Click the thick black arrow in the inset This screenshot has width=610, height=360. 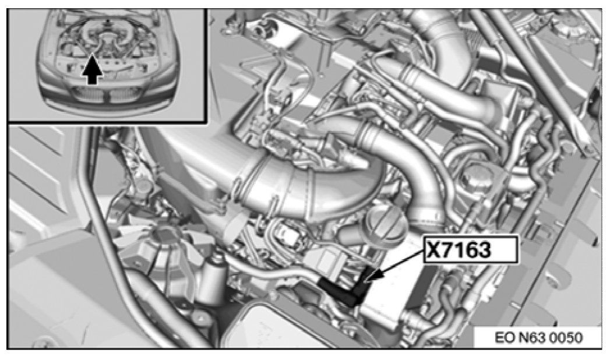click(92, 69)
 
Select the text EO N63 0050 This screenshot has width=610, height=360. click(539, 337)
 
